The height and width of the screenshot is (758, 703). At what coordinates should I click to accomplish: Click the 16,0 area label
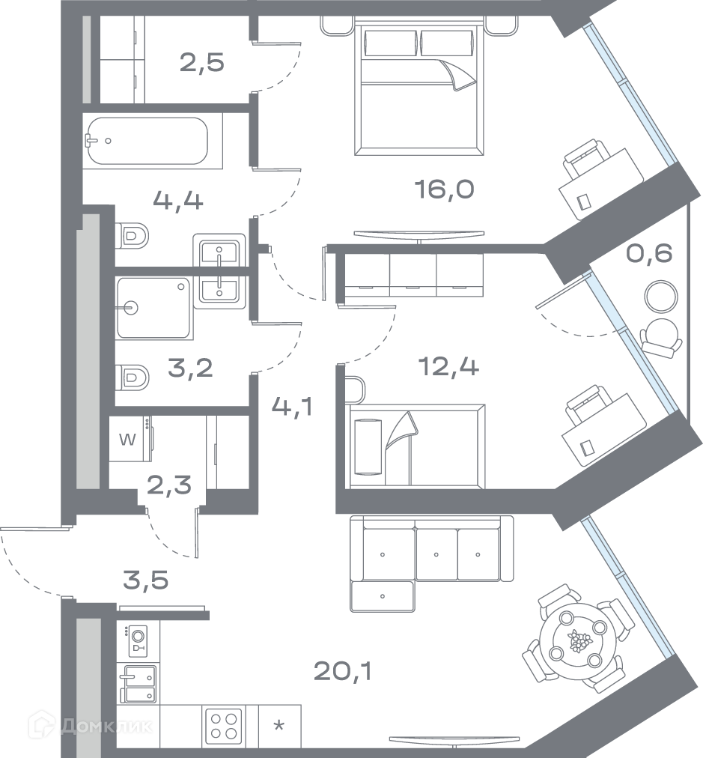444,189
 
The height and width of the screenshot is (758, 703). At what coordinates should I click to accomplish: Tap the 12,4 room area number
449,367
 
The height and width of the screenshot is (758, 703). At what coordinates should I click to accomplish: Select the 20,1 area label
343,671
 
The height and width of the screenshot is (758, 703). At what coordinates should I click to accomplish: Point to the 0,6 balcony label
649,253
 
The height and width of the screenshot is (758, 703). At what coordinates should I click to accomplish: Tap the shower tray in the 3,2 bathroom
154,308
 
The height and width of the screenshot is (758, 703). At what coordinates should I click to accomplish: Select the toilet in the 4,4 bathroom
132,237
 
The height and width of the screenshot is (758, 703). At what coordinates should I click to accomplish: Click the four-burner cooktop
224,726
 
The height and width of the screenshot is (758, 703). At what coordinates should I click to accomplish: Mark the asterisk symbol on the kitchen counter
279,725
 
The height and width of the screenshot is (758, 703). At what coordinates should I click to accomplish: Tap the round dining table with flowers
575,641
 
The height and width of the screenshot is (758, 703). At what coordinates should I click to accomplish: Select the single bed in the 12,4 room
416,446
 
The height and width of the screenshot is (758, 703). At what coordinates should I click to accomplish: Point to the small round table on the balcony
660,297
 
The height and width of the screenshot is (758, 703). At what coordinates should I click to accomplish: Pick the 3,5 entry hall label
146,580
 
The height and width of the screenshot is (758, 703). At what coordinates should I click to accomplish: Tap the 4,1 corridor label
292,407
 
